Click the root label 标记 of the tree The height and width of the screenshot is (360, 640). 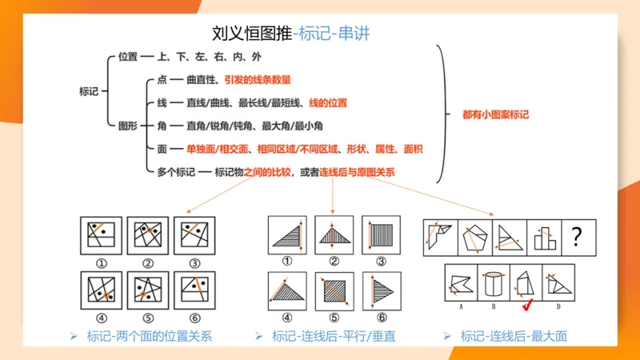point(89,91)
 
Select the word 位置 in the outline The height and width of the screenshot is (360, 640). point(127,57)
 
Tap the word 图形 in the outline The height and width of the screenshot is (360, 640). point(127,126)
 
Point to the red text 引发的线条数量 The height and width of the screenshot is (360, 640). point(257,80)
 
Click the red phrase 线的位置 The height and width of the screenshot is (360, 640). point(328,102)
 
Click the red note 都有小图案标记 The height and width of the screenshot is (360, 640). point(496,114)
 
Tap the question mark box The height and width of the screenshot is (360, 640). point(577,236)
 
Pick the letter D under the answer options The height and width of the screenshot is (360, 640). point(558,306)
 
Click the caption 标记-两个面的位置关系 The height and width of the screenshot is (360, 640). point(150,337)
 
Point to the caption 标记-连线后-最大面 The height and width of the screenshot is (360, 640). point(514,337)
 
